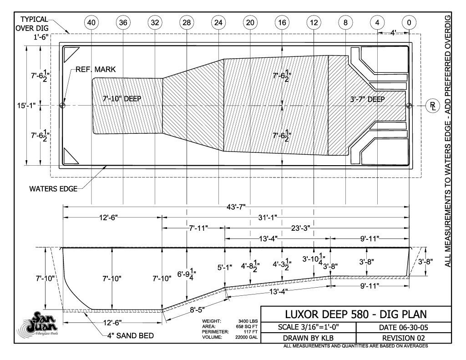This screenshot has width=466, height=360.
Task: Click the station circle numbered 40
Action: pyautogui.click(x=91, y=22)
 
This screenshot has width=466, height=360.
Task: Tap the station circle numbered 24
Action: pyautogui.click(x=218, y=22)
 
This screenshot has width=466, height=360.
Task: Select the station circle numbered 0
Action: pyautogui.click(x=409, y=22)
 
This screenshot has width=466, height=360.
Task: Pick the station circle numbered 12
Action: pyautogui.click(x=314, y=22)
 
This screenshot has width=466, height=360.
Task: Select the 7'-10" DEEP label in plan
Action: pyautogui.click(x=122, y=99)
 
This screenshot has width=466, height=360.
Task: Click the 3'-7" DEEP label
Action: pyautogui.click(x=368, y=99)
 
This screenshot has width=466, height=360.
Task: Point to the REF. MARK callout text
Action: pyautogui.click(x=96, y=70)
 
